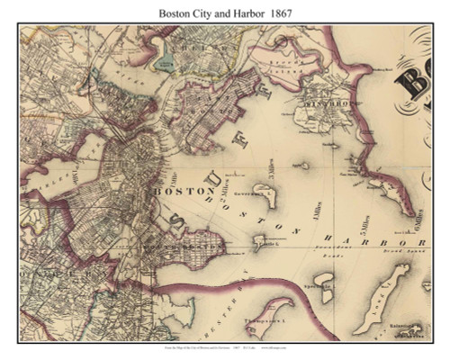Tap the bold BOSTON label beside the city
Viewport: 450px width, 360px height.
pos(174,192)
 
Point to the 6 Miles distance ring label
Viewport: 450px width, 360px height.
pos(415,220)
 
